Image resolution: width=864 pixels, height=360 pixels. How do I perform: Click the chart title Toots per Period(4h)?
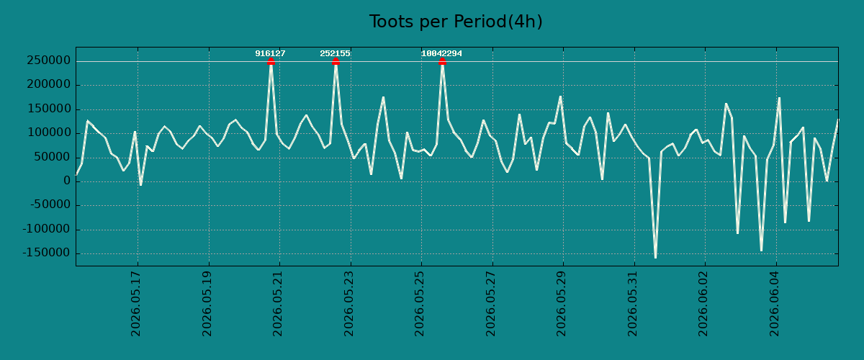click(456, 22)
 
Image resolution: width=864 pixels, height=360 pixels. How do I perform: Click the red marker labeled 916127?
click(271, 61)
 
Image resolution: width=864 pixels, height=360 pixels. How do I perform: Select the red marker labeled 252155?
click(336, 61)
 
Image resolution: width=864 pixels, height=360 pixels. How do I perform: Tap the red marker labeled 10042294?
click(442, 61)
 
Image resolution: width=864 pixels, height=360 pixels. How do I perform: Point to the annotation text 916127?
click(271, 53)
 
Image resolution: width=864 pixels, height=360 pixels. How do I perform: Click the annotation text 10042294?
click(441, 53)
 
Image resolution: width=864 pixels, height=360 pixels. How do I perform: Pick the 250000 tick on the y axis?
click(49, 60)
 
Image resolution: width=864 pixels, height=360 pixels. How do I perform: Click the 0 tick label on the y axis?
click(67, 181)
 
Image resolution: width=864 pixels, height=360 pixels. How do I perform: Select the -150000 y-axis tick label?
click(47, 253)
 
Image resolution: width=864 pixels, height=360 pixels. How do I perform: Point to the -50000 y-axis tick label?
click(50, 205)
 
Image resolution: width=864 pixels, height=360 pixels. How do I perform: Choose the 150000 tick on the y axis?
click(49, 109)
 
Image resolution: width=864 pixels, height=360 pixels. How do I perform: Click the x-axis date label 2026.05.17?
click(136, 304)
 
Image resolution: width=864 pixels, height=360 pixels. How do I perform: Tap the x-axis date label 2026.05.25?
click(419, 304)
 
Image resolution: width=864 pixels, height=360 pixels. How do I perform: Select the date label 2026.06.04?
click(774, 304)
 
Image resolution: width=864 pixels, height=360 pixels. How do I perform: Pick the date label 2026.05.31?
click(632, 304)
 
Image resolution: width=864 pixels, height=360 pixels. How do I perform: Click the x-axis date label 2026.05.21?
click(277, 304)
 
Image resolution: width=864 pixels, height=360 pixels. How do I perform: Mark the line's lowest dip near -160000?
click(655, 257)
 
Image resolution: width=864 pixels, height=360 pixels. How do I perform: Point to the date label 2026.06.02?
click(703, 304)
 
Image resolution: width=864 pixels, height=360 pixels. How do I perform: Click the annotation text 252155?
click(336, 53)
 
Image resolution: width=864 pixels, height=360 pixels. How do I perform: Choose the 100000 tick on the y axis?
click(49, 132)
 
